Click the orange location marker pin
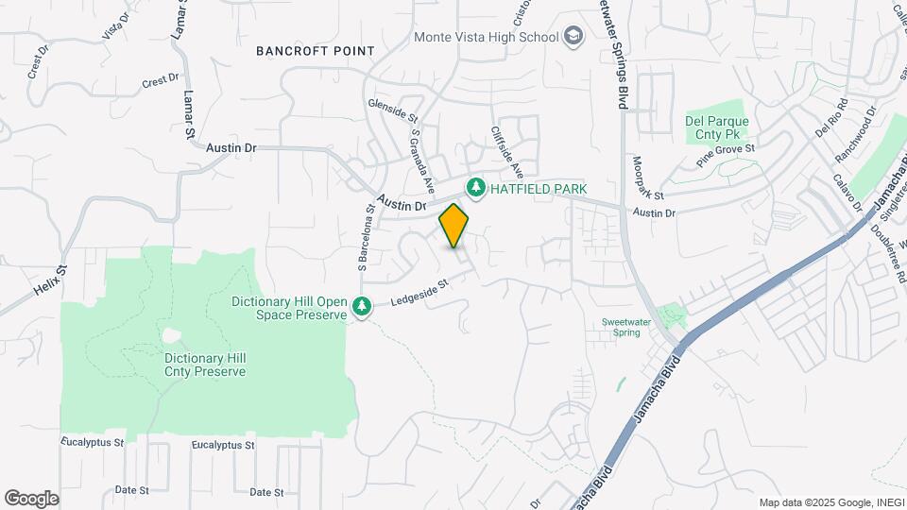coord(454,225)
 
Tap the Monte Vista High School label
coord(486,38)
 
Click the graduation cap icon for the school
coord(573,38)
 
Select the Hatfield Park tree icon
coord(475,189)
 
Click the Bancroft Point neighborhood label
coord(316,51)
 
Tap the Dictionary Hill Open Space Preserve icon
coord(362,307)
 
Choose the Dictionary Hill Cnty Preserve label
coord(205,365)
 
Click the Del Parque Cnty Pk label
coord(717,128)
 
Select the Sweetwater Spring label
coord(634,327)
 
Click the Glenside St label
coord(392,110)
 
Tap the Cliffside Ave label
coord(506,152)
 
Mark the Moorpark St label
coord(649,178)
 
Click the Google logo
coord(31,499)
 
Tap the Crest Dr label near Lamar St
coord(160,82)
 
